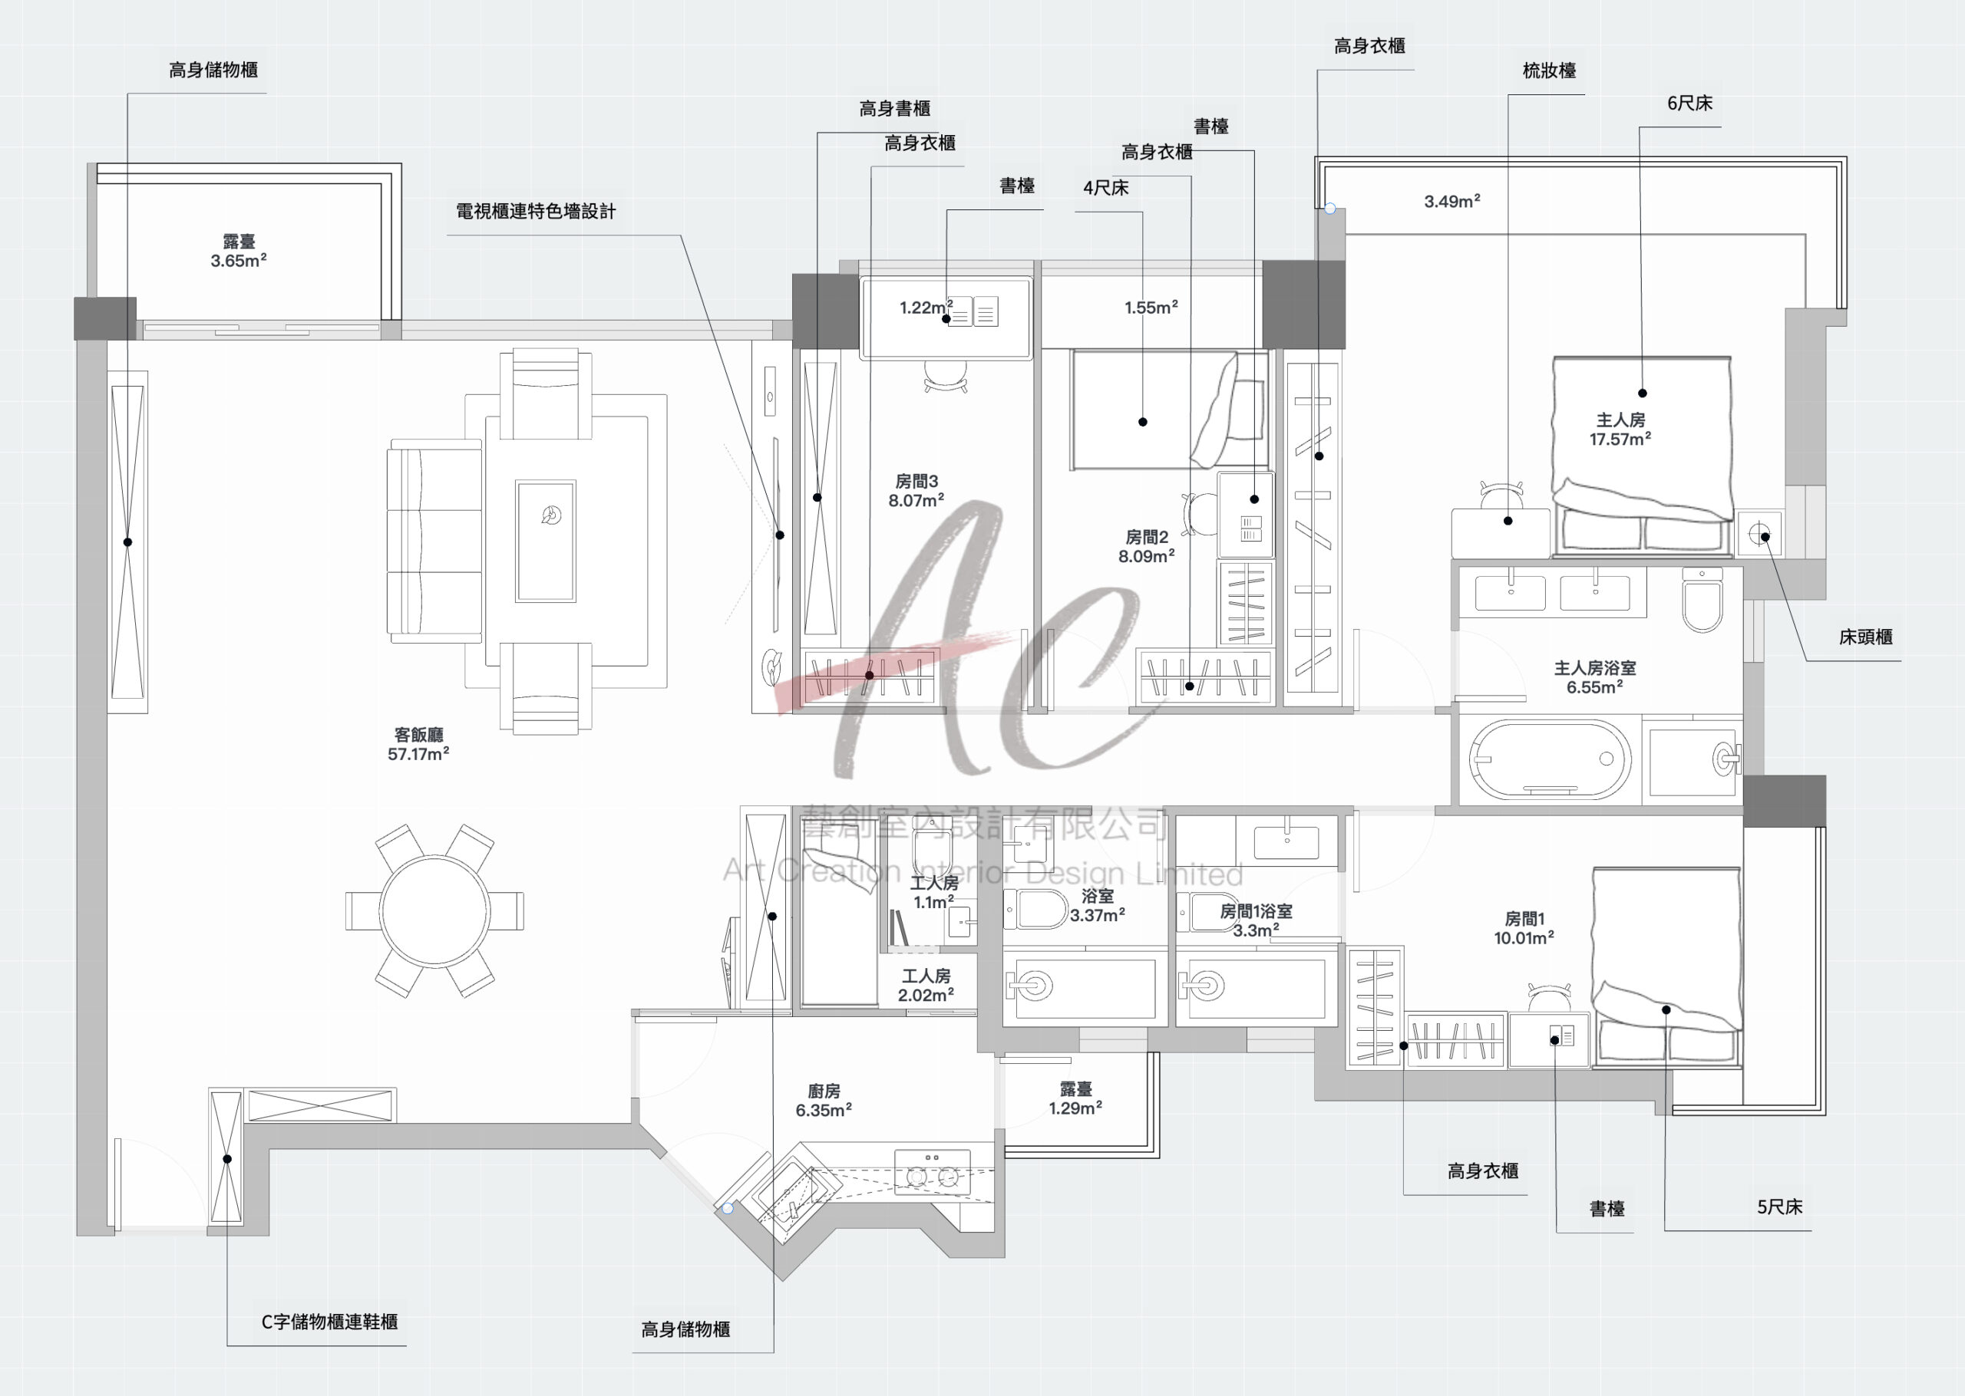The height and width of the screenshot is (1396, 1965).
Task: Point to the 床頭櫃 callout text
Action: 1865,637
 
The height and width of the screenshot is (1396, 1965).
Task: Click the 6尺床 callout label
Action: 1689,103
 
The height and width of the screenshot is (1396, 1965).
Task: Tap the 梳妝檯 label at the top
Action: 1549,71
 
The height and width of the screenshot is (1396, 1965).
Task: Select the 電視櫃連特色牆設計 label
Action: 536,212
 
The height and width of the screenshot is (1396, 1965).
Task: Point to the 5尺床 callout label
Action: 1779,1207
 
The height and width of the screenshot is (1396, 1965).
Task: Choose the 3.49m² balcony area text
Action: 1451,202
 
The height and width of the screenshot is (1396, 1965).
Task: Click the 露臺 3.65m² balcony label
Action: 238,251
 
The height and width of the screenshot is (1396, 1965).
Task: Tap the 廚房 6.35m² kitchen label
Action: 823,1100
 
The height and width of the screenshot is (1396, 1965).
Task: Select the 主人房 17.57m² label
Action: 1620,429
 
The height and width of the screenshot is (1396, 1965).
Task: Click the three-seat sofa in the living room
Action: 435,540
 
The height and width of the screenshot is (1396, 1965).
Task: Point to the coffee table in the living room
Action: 545,540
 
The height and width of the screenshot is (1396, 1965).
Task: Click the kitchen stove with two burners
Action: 932,1170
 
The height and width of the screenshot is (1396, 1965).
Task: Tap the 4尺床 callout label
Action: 1105,187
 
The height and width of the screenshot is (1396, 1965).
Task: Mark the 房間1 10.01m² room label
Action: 1523,927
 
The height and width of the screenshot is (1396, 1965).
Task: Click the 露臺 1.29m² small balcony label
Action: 1075,1098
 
